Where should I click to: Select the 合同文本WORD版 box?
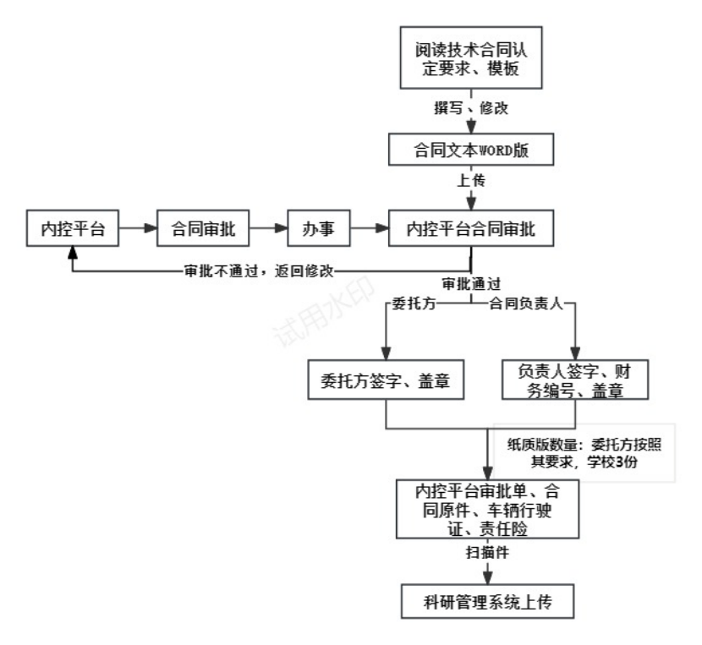click(470, 150)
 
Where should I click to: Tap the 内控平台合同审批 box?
click(470, 227)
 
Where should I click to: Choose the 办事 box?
click(319, 227)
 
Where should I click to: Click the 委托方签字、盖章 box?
click(386, 380)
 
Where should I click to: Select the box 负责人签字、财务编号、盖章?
click(574, 380)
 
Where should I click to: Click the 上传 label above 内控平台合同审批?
click(470, 182)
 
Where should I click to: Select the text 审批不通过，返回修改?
click(260, 271)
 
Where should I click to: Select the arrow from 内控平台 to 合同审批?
click(137, 227)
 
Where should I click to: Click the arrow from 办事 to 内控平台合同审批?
click(370, 227)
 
